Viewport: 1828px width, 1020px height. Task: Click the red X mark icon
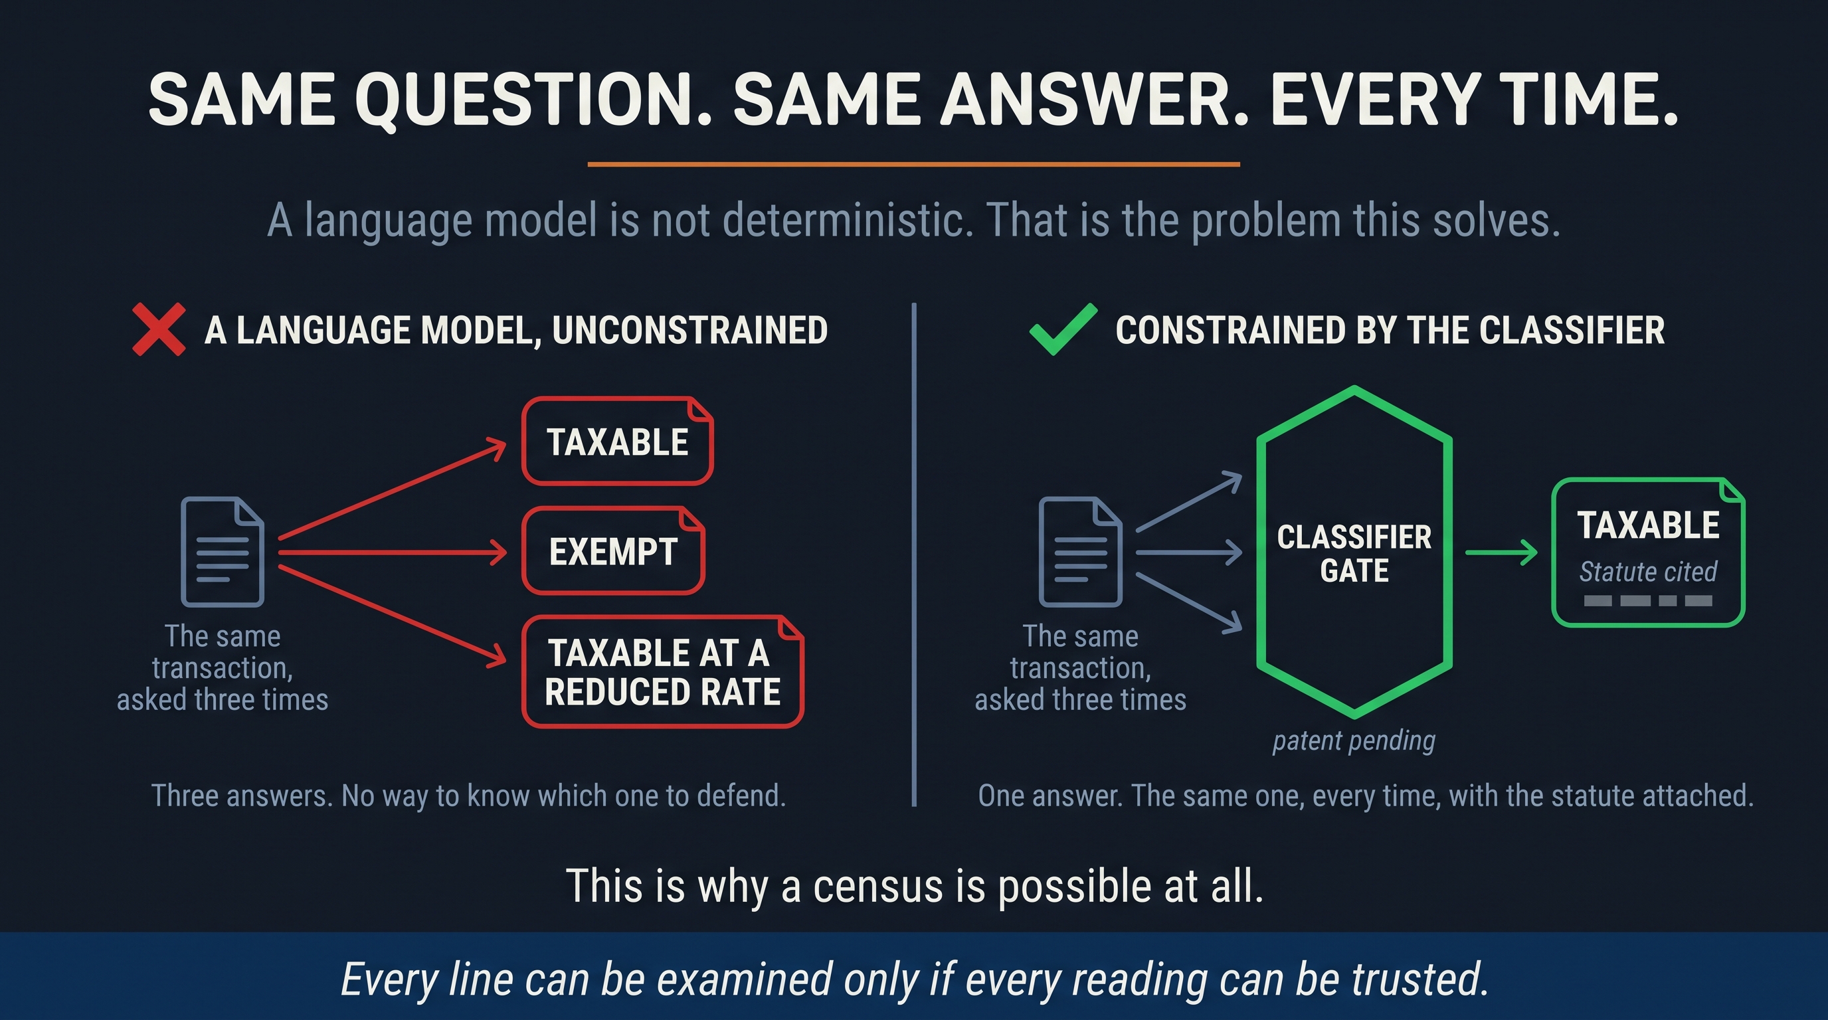coord(159,329)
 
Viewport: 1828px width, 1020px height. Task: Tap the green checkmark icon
coord(1062,329)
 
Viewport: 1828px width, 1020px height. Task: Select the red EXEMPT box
coord(613,551)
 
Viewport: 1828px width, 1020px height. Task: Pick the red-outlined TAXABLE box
coord(617,441)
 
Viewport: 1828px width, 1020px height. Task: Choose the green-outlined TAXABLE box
coord(1648,552)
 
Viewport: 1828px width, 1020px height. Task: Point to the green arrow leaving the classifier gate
coord(1501,552)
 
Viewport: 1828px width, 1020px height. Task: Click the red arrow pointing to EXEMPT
coord(393,552)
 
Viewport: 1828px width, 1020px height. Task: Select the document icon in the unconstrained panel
coord(222,552)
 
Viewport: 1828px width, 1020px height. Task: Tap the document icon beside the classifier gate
coord(1080,552)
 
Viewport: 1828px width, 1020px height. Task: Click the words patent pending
coord(1354,740)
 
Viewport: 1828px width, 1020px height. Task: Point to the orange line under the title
coord(914,164)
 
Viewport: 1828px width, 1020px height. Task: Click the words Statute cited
coord(1648,571)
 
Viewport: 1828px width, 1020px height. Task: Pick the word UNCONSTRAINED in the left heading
coord(689,330)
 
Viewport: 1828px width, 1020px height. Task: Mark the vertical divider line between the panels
coord(914,554)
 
